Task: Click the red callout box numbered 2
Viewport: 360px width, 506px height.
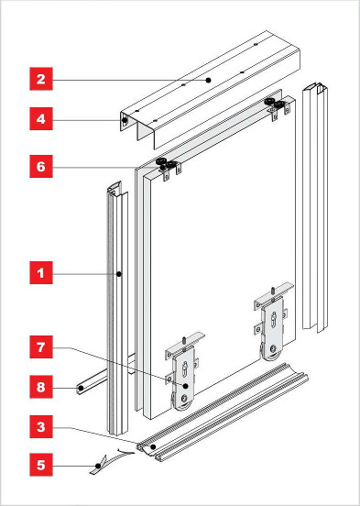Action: pyautogui.click(x=41, y=79)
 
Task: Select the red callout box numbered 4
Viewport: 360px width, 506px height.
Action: pyautogui.click(x=41, y=119)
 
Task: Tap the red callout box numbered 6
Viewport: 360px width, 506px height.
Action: pyautogui.click(x=41, y=166)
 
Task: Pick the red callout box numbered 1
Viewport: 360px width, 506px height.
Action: pyautogui.click(x=41, y=273)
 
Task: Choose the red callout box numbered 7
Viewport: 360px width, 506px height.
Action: pyautogui.click(x=41, y=346)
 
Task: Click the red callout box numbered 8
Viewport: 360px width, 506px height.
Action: pyautogui.click(x=41, y=387)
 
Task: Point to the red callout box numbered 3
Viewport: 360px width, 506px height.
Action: pyautogui.click(x=41, y=426)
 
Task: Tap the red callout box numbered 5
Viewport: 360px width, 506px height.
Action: pyautogui.click(x=41, y=465)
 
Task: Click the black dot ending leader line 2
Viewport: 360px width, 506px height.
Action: pyautogui.click(x=208, y=80)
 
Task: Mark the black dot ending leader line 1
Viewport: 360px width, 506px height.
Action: pyautogui.click(x=119, y=274)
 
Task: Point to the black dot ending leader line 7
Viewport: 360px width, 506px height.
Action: pyautogui.click(x=185, y=386)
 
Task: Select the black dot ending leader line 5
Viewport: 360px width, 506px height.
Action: pyautogui.click(x=98, y=466)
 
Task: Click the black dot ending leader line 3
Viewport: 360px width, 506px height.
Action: pyautogui.click(x=153, y=447)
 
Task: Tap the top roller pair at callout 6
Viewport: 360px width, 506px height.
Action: pyautogui.click(x=166, y=164)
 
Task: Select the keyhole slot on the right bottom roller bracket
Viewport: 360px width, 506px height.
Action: pyautogui.click(x=274, y=320)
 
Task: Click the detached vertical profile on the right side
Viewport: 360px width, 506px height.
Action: pyautogui.click(x=315, y=207)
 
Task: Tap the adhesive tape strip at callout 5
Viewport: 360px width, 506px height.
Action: pyautogui.click(x=110, y=461)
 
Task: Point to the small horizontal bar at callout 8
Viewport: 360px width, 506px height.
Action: pyautogui.click(x=104, y=376)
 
